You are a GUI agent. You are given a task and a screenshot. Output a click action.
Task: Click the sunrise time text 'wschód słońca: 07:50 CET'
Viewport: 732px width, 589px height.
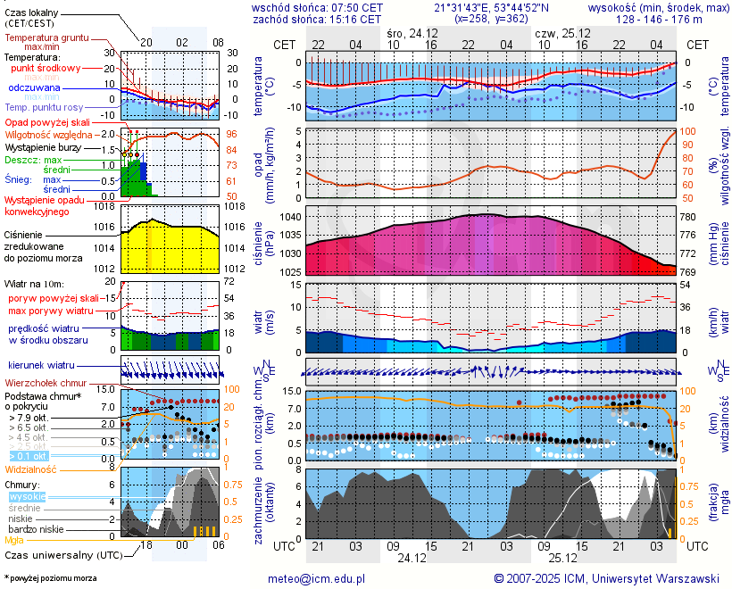318,7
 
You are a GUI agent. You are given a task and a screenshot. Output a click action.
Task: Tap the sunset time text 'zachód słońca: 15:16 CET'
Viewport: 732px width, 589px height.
318,18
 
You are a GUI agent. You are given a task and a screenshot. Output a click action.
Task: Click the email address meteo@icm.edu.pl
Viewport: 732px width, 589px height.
317,578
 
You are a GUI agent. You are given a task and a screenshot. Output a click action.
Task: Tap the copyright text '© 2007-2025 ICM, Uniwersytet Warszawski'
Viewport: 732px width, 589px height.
607,578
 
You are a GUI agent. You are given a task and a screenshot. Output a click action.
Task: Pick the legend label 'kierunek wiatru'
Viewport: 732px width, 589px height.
41,365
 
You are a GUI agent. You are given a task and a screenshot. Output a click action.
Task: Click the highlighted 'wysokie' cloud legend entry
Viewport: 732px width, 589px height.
27,496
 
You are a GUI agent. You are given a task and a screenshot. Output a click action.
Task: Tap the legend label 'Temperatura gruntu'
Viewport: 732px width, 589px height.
46,38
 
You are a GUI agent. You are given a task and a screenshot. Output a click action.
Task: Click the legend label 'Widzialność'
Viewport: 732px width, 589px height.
31,469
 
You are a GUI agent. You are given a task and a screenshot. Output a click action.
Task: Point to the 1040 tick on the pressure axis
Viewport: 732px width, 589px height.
291,217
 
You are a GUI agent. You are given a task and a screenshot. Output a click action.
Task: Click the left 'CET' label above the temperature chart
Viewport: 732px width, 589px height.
285,44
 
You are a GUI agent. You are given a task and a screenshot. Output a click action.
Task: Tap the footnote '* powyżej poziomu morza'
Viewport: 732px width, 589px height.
50,578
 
